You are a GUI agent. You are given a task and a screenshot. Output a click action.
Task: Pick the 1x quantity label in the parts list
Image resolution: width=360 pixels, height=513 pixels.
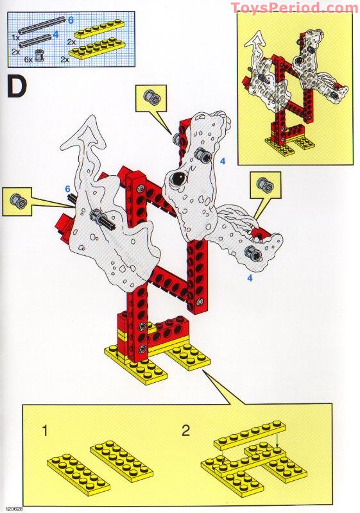15,37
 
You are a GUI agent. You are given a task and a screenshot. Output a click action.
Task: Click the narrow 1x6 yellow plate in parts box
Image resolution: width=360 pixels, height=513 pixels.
90,30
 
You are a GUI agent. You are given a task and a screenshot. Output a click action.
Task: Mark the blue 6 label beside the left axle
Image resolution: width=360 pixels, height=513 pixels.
67,189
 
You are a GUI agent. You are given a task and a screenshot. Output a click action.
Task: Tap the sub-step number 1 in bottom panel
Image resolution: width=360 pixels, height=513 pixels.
45,431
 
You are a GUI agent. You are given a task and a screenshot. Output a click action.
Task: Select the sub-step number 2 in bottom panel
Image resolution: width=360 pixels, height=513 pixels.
185,431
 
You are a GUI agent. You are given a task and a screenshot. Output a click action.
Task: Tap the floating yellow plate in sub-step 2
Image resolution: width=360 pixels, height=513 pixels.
250,433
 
